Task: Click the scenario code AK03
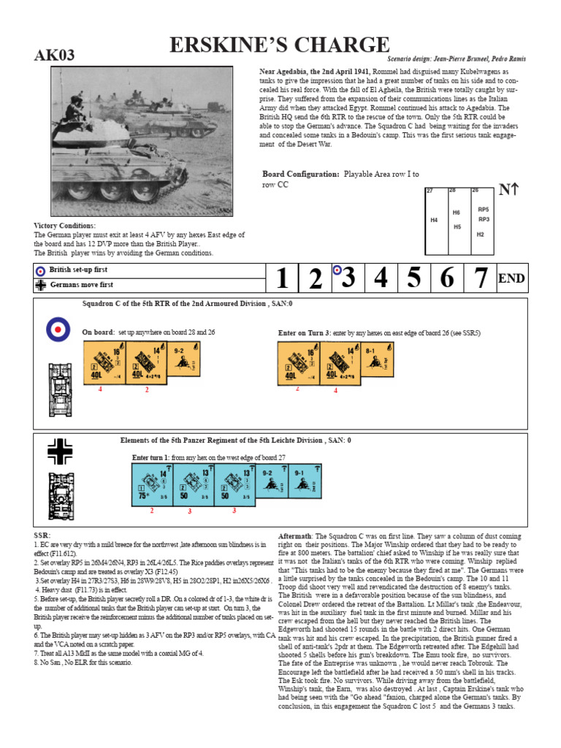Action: coord(55,56)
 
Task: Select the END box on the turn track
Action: coord(511,278)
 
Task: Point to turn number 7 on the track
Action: coord(479,278)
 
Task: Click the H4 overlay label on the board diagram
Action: coord(434,220)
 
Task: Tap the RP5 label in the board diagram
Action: coord(483,210)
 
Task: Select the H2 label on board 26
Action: coord(480,234)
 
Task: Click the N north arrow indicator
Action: coord(508,191)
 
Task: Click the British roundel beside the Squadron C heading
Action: coord(58,329)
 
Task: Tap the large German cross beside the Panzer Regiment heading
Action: coord(59,451)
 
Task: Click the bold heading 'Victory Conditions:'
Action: coord(65,226)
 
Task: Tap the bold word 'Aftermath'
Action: coord(295,536)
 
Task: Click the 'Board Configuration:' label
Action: coord(301,174)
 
